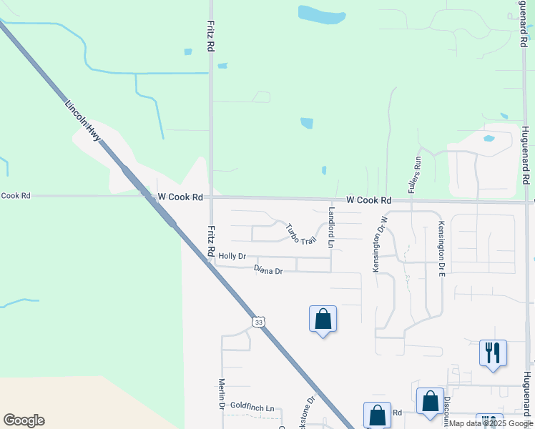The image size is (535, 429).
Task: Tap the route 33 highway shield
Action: (259, 322)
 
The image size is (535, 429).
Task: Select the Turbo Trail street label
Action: (300, 234)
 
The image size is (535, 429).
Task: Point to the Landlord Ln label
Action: (331, 228)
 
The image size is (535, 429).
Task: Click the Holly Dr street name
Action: (232, 256)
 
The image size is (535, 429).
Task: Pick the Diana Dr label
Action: (268, 270)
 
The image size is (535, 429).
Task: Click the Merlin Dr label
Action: (222, 395)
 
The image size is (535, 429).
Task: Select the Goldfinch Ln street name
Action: (252, 408)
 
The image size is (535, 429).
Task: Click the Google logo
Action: (24, 420)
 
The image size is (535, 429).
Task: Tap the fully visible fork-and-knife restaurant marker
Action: (493, 352)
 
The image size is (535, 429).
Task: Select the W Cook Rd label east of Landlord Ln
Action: (369, 201)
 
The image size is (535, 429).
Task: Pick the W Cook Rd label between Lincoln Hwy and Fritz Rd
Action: (180, 196)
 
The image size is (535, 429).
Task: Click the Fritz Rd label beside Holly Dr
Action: (211, 241)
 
